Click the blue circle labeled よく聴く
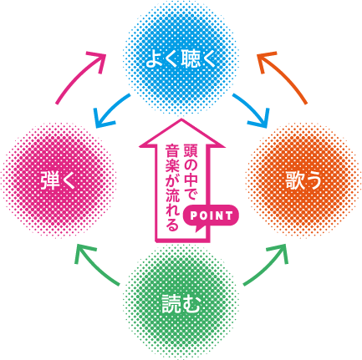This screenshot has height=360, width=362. click(x=181, y=59)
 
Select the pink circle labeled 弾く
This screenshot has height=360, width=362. click(x=59, y=180)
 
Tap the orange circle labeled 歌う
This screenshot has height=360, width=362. click(x=303, y=180)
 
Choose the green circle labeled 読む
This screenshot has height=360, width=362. click(x=181, y=303)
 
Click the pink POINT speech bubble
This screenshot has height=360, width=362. click(x=211, y=217)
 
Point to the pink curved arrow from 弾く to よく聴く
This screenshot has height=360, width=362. click(x=78, y=75)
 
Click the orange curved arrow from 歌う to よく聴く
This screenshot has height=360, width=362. click(x=284, y=75)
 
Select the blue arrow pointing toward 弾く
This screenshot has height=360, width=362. click(x=110, y=110)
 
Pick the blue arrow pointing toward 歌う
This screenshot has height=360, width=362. click(x=252, y=110)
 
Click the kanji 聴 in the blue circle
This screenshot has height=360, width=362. click(x=191, y=59)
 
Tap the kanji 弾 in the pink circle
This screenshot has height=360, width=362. click(x=50, y=180)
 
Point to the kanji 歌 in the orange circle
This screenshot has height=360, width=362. click(x=294, y=180)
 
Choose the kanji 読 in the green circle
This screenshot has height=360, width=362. click(x=171, y=303)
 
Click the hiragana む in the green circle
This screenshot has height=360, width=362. click(x=191, y=303)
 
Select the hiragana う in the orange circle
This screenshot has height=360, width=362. click(x=314, y=180)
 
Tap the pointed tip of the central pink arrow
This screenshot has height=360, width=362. click(x=181, y=119)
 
